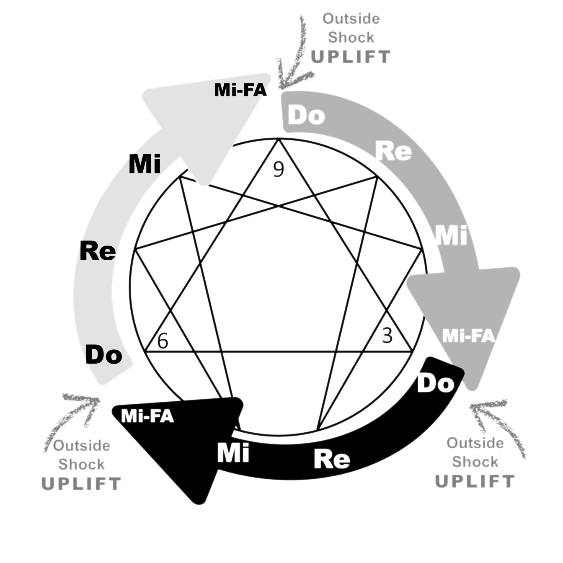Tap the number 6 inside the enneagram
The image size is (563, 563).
[x=163, y=341]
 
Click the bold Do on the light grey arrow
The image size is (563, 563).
[x=103, y=355]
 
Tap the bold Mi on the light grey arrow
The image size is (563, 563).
[x=145, y=164]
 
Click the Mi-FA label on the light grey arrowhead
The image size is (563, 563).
[x=240, y=90]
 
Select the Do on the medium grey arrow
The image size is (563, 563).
[x=307, y=115]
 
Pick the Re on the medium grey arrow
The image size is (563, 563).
[x=393, y=151]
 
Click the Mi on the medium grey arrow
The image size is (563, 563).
[x=451, y=235]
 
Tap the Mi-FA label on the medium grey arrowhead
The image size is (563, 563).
[x=468, y=336]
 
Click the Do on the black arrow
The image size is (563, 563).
[x=436, y=383]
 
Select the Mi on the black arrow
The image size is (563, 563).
[x=233, y=453]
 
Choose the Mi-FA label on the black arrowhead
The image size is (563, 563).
[x=147, y=416]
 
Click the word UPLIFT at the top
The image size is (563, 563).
[x=350, y=57]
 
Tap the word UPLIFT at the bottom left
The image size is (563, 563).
[x=81, y=484]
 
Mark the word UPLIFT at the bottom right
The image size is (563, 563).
[x=475, y=482]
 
